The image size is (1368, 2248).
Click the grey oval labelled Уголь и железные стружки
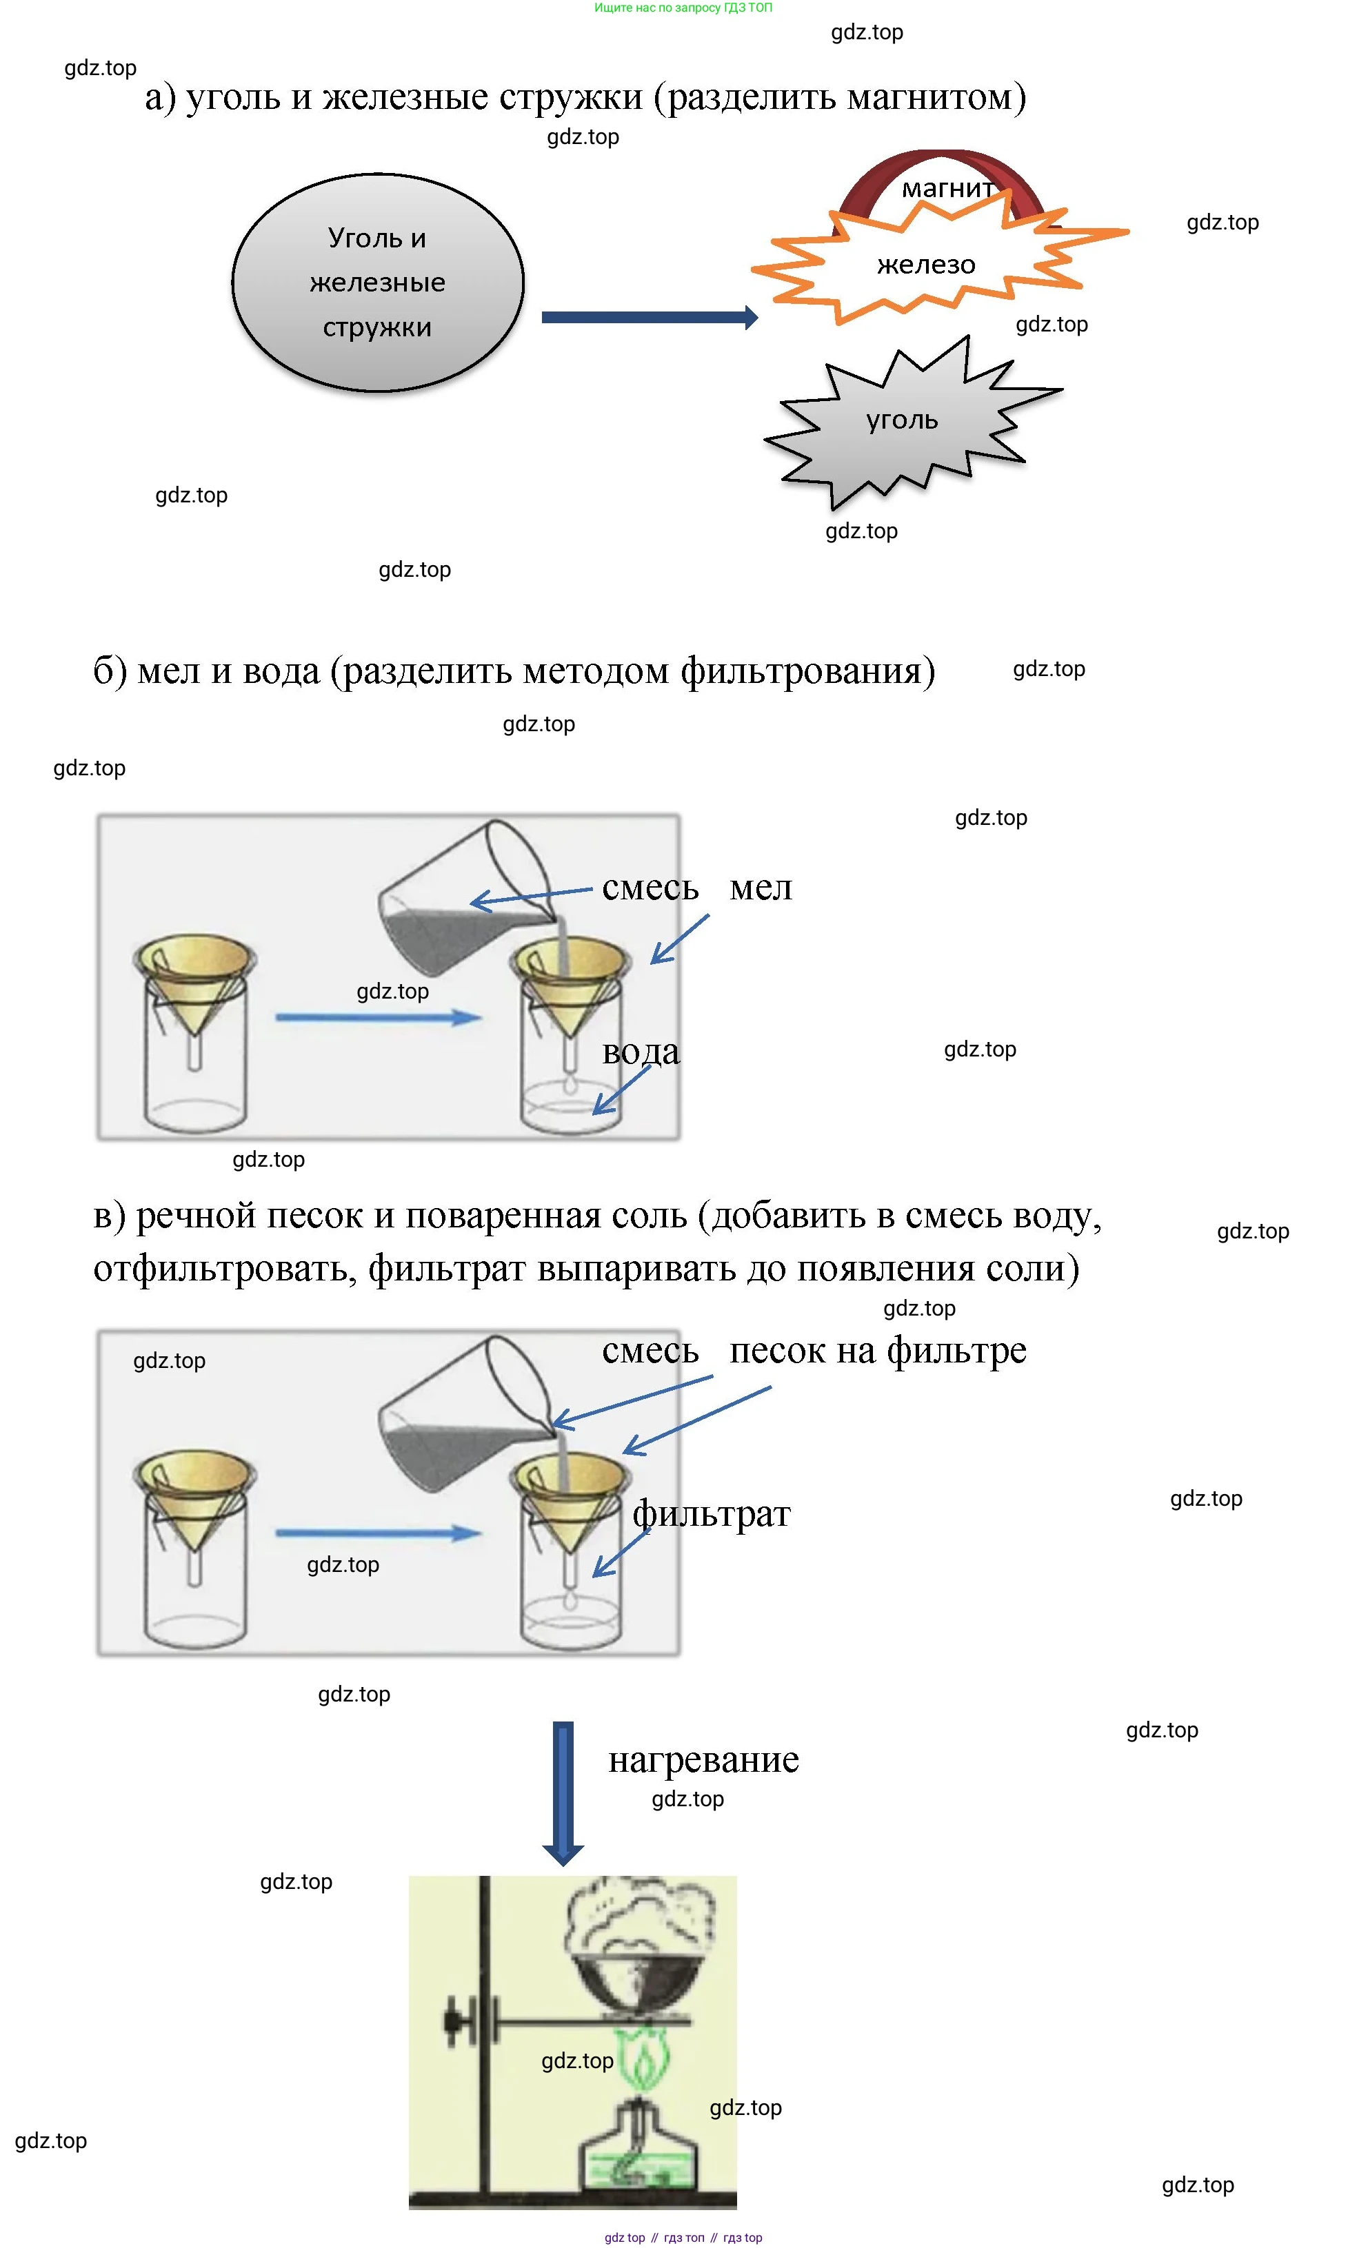click(x=377, y=283)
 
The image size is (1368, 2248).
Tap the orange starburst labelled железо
click(x=925, y=265)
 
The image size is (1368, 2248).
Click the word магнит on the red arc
click(x=947, y=189)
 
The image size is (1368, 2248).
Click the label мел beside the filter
click(x=761, y=888)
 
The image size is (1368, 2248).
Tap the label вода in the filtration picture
click(x=640, y=1052)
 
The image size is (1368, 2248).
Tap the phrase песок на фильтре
click(x=877, y=1351)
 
